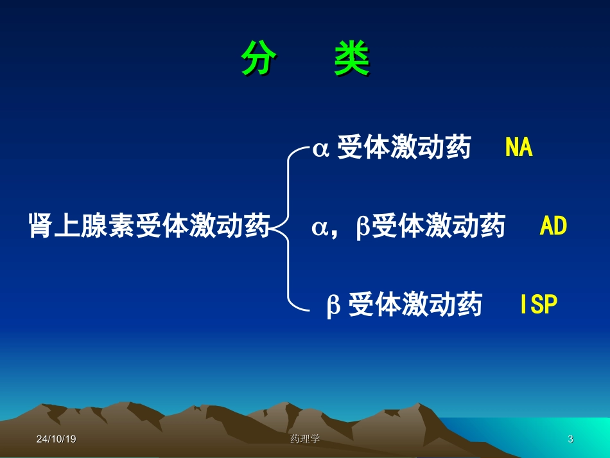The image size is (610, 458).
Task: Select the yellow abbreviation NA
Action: pyautogui.click(x=519, y=148)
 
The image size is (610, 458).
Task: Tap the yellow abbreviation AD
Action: pyautogui.click(x=553, y=226)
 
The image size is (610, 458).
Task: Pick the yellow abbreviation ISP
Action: pyautogui.click(x=539, y=305)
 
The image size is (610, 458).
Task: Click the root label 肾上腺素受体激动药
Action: pyautogui.click(x=149, y=227)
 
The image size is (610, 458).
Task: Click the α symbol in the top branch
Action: pyautogui.click(x=320, y=150)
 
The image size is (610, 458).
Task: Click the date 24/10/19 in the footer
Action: pyautogui.click(x=57, y=439)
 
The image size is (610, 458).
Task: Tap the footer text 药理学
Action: pyautogui.click(x=305, y=439)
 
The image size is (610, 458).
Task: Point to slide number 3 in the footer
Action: pyautogui.click(x=570, y=439)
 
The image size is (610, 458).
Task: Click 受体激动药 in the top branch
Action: pyautogui.click(x=404, y=148)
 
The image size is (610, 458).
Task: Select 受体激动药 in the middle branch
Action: pyautogui.click(x=439, y=227)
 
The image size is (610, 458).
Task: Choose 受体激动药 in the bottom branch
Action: pyautogui.click(x=415, y=305)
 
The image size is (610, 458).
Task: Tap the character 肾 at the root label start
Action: pyautogui.click(x=40, y=227)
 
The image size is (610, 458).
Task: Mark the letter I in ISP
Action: pyautogui.click(x=524, y=305)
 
